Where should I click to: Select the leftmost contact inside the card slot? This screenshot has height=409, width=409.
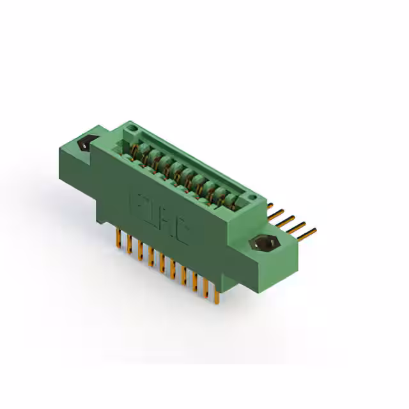point(136,152)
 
